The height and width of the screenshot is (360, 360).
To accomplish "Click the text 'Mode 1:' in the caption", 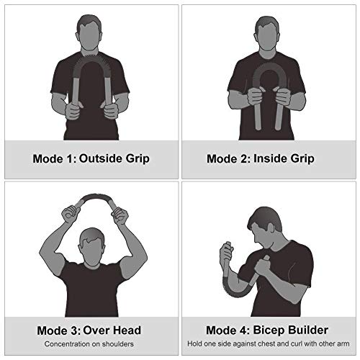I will coord(53,158).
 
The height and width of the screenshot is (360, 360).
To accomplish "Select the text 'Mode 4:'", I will coord(230,330).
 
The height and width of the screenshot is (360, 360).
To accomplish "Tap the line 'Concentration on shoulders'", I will coord(90,345).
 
